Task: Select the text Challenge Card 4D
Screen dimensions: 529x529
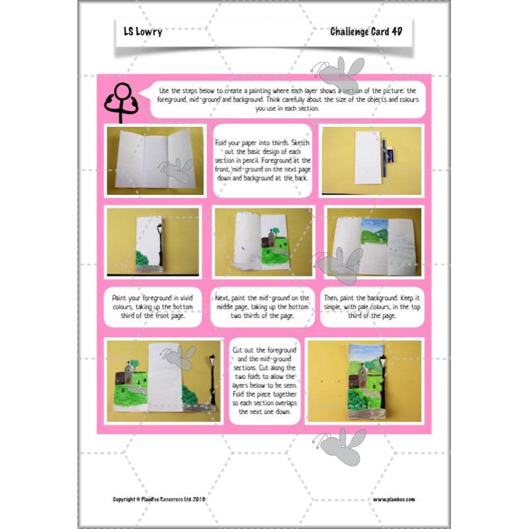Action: click(366, 31)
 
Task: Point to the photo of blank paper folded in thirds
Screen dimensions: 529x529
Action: click(154, 161)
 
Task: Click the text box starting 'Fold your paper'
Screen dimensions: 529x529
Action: click(262, 160)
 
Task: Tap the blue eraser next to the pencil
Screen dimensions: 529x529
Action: click(391, 155)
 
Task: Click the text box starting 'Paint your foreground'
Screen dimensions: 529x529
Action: click(153, 307)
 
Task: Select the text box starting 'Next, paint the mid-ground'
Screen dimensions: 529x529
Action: click(263, 307)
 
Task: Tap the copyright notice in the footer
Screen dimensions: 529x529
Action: click(160, 499)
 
